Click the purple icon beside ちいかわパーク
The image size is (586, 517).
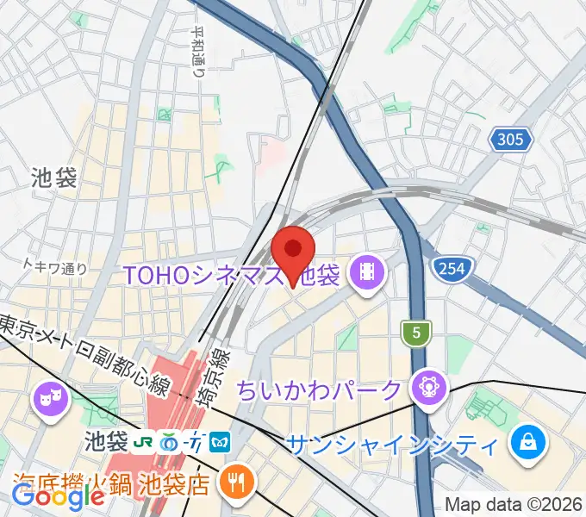pyautogui.click(x=427, y=387)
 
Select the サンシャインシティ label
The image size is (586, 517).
pyautogui.click(x=392, y=445)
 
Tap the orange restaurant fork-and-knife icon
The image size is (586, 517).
pyautogui.click(x=234, y=483)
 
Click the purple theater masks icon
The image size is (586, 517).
pyautogui.click(x=48, y=400)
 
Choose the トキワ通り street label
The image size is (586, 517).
pyautogui.click(x=55, y=267)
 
